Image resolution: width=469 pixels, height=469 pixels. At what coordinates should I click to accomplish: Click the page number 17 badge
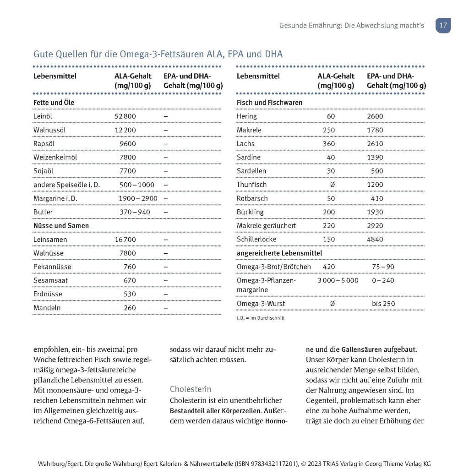(x=443, y=26)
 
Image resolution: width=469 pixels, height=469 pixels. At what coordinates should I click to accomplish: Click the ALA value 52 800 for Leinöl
(x=125, y=116)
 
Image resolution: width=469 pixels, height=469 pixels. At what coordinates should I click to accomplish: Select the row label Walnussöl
(x=49, y=130)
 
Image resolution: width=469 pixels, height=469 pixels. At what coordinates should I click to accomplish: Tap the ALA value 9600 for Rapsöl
(x=128, y=144)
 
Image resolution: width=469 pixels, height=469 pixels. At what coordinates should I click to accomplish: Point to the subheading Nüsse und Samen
(x=61, y=226)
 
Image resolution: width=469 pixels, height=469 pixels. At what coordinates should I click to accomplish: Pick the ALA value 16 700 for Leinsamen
(x=125, y=240)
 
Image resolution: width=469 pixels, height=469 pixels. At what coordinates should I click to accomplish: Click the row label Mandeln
(x=47, y=308)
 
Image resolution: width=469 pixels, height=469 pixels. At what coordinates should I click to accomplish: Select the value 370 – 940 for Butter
(x=135, y=212)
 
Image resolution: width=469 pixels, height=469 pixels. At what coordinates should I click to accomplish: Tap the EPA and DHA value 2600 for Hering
(x=375, y=116)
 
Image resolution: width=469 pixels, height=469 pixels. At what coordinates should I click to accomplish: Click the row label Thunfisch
(x=251, y=185)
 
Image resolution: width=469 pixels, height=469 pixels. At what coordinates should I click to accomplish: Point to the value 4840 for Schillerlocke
(x=375, y=240)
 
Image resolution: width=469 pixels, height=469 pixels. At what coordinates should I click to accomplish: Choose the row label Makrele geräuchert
(x=266, y=226)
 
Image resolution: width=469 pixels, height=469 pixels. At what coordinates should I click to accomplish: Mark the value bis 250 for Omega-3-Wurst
(x=383, y=304)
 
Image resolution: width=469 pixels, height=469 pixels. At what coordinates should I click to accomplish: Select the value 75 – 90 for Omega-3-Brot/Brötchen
(x=383, y=267)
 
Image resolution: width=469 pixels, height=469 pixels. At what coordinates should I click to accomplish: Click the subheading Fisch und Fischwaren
(x=269, y=103)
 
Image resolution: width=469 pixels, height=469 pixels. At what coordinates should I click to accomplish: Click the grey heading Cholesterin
(x=191, y=389)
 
